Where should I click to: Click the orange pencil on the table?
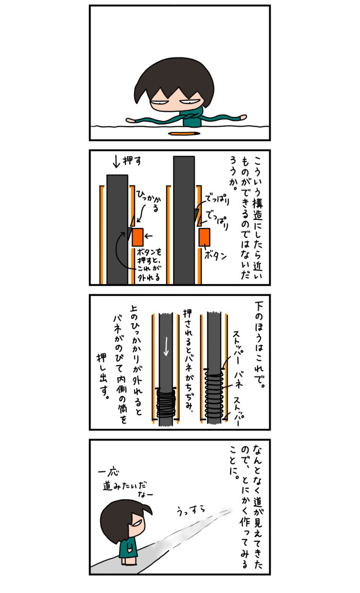pos(184,133)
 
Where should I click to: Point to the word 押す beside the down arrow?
pos(132,161)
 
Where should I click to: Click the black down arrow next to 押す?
pos(116,162)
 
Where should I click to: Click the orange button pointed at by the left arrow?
pos(137,237)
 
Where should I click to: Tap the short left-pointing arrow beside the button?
pos(148,236)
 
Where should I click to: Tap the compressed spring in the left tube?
pos(165,402)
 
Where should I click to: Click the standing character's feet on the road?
pos(127,563)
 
